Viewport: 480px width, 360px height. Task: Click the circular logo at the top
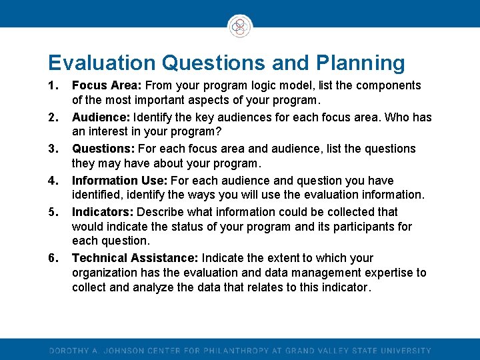[239, 27]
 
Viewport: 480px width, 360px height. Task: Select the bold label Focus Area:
[107, 85]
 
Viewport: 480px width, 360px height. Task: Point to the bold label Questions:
[102, 149]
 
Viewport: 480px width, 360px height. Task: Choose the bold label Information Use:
[121, 181]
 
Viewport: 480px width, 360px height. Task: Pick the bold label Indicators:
[102, 212]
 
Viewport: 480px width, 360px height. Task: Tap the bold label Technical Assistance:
[135, 258]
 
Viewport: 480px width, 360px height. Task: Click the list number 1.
[53, 85]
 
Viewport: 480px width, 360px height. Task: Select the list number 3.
[53, 149]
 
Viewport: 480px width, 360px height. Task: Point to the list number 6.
[53, 258]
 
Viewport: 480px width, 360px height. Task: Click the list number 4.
[53, 181]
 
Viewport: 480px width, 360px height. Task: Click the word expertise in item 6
[390, 273]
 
